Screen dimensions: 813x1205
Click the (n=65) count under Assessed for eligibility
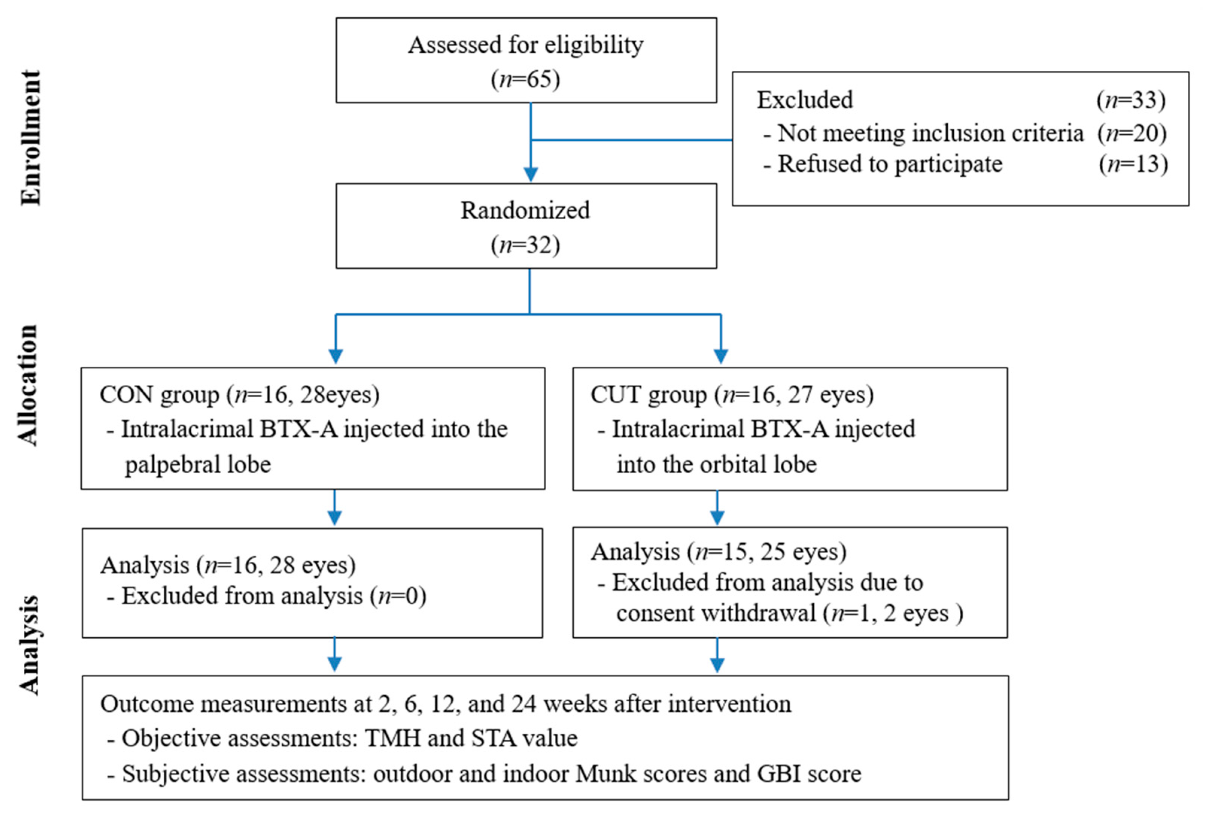[525, 79]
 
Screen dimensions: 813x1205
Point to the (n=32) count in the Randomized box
[525, 245]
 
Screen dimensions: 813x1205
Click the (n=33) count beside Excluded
[1131, 100]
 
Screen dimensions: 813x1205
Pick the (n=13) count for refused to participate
[1133, 164]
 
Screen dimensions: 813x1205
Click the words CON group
[159, 395]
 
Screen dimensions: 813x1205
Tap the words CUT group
[648, 395]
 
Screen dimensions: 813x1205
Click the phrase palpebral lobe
[198, 464]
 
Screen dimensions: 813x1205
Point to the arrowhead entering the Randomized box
[530, 174]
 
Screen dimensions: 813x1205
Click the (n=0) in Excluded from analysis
[398, 596]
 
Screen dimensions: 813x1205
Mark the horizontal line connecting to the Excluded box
[632, 140]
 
